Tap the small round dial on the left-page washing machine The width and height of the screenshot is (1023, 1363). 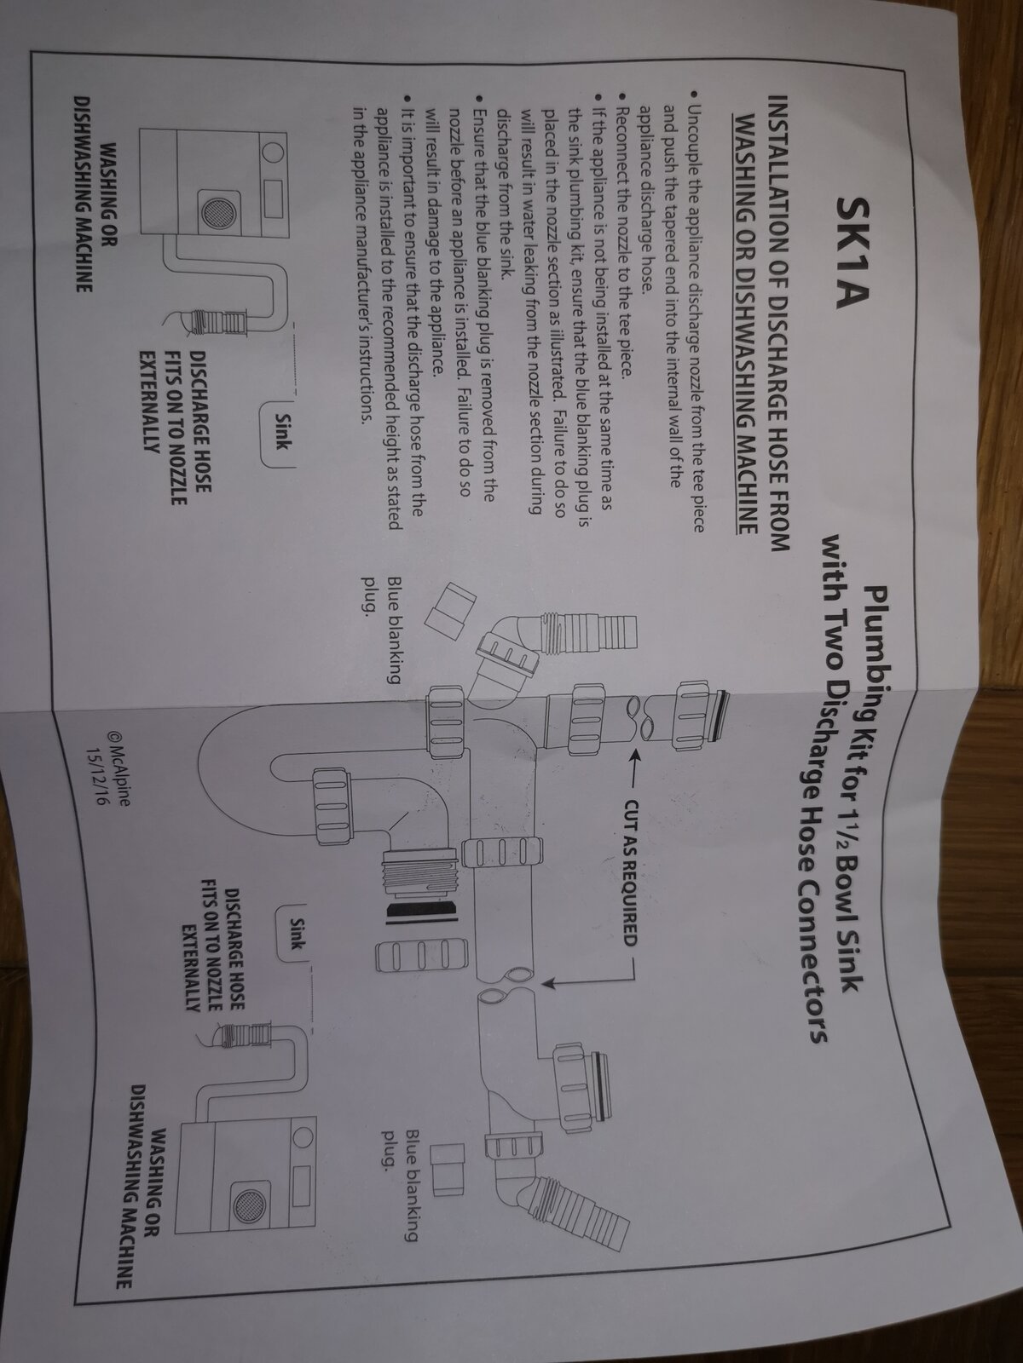275,151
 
